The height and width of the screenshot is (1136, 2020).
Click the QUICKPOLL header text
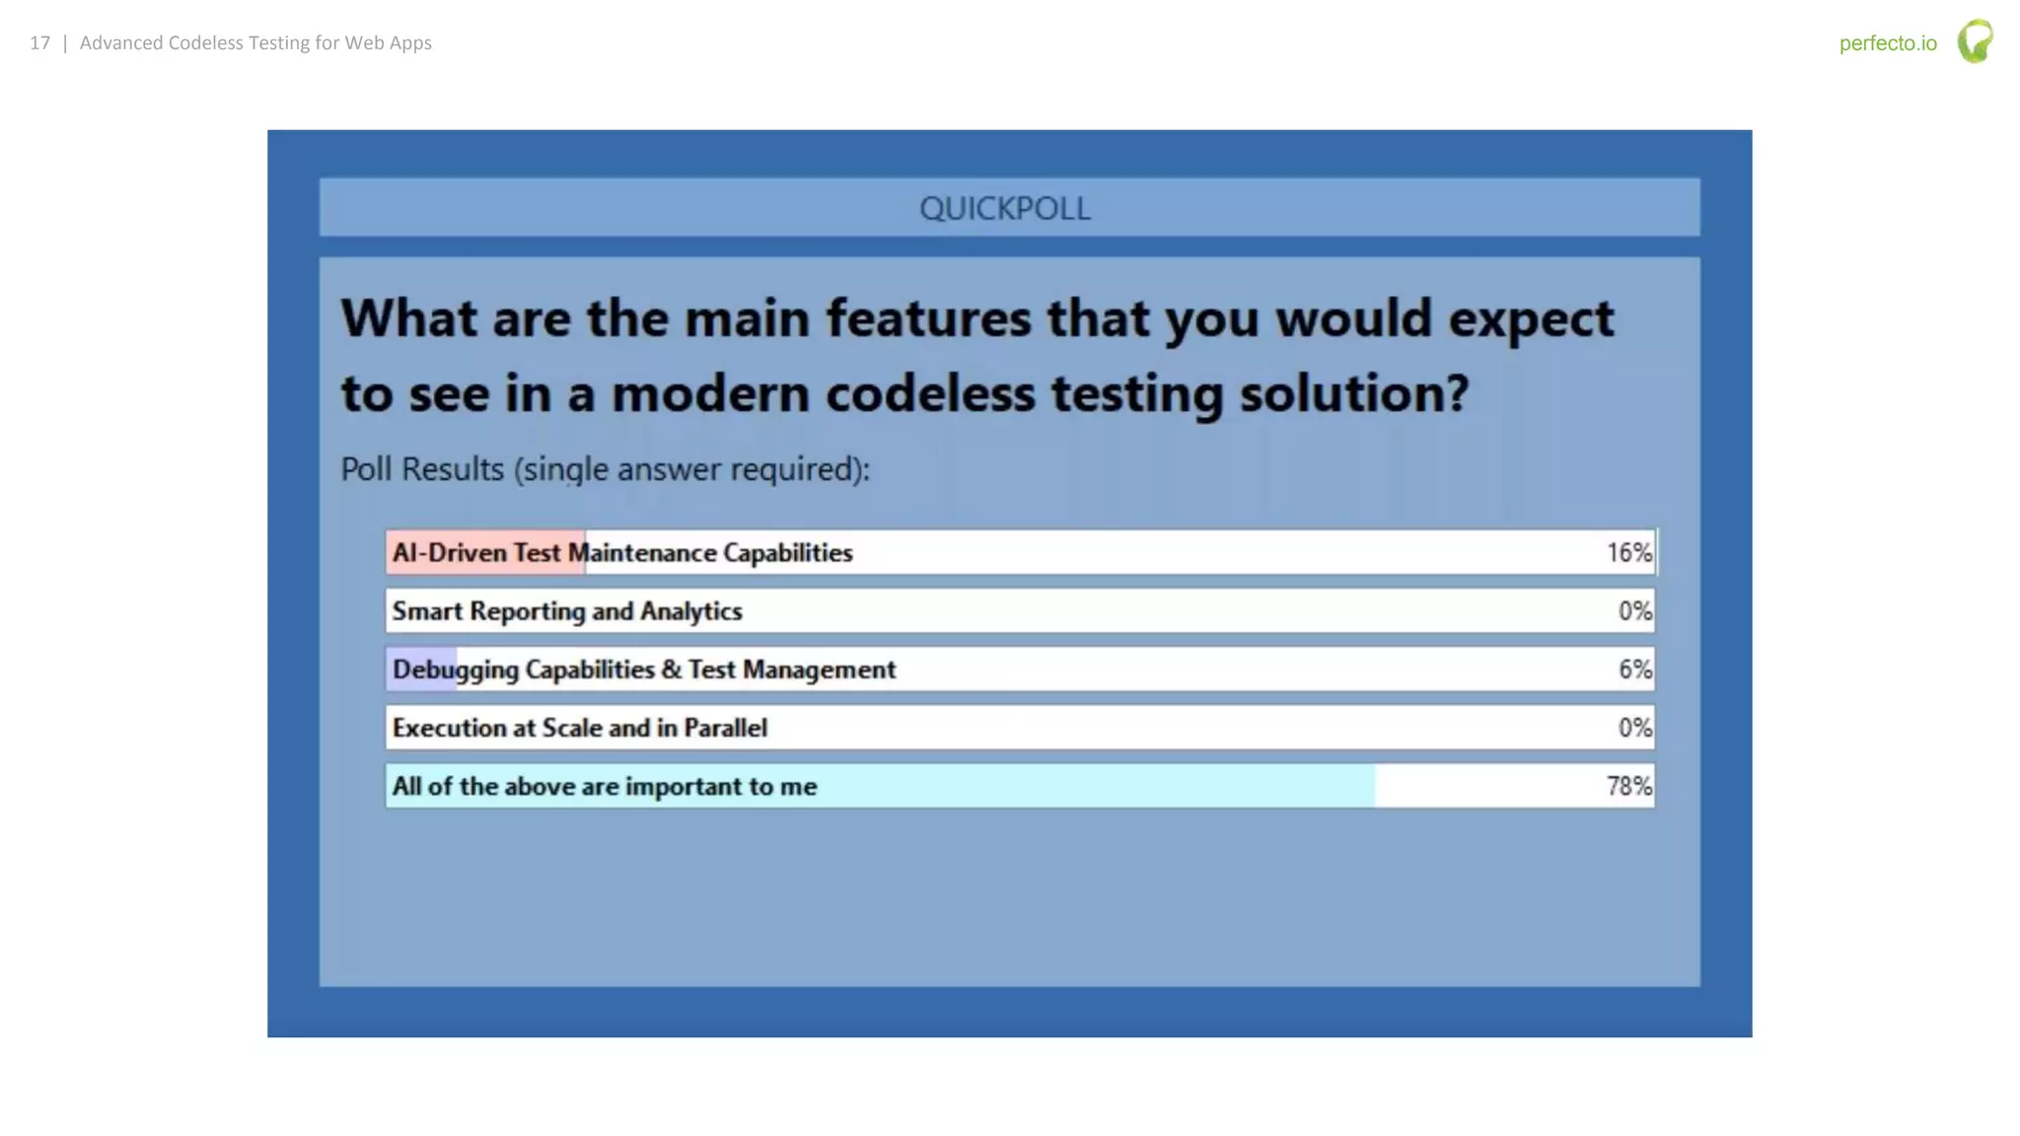pyautogui.click(x=1004, y=208)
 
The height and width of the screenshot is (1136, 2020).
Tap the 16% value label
pyautogui.click(x=1628, y=552)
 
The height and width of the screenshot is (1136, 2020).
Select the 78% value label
pyautogui.click(x=1628, y=786)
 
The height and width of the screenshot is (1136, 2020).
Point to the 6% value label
pyautogui.click(x=1634, y=670)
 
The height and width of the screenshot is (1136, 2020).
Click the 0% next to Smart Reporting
pyautogui.click(x=1634, y=611)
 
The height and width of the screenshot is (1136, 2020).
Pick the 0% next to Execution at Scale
pyautogui.click(x=1634, y=728)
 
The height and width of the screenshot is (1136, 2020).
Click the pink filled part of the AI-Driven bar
pyautogui.click(x=483, y=552)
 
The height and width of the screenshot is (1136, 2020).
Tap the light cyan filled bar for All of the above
pyautogui.click(x=1085, y=786)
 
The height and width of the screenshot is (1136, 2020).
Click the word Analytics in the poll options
pyautogui.click(x=690, y=611)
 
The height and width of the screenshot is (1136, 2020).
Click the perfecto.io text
pyautogui.click(x=1887, y=43)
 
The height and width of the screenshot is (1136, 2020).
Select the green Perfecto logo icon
pyautogui.click(x=1975, y=41)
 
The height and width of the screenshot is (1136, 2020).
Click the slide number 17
pyautogui.click(x=39, y=43)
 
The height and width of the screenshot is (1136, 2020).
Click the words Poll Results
pyautogui.click(x=422, y=469)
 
